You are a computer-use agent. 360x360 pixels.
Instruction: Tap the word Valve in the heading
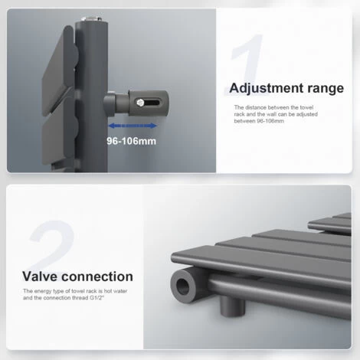click(41, 277)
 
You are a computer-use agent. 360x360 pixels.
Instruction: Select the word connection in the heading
click(97, 277)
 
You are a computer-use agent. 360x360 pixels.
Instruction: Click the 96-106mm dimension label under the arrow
click(131, 141)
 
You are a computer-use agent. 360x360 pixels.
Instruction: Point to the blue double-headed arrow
click(133, 126)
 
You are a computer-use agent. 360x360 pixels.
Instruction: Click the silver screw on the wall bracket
click(140, 103)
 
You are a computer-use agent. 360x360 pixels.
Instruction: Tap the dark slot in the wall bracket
click(152, 103)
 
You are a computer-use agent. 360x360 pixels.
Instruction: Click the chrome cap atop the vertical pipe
click(91, 19)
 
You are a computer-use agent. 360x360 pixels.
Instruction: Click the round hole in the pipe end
click(182, 286)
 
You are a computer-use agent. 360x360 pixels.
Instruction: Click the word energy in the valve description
click(42, 291)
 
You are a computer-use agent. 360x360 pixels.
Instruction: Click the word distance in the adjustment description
click(256, 107)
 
